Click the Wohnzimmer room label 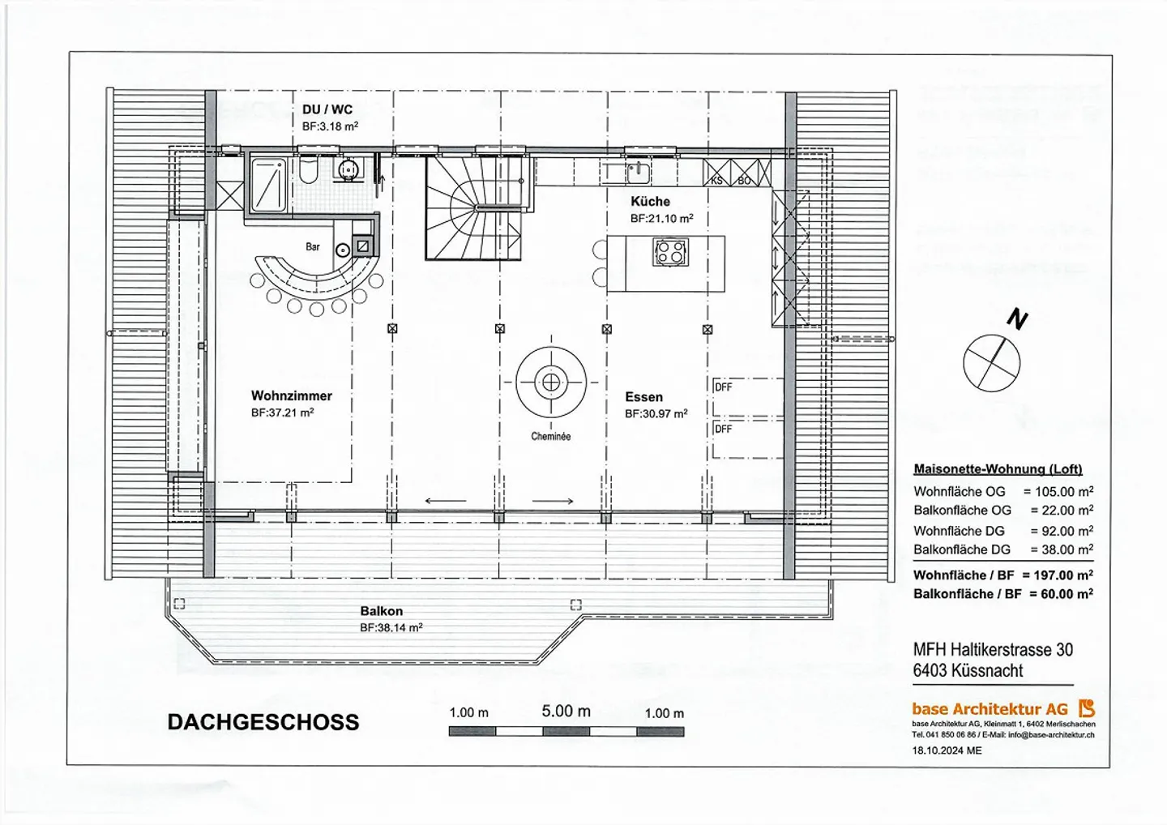291,396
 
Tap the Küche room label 650,202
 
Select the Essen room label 643,397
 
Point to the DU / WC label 327,109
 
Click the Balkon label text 381,611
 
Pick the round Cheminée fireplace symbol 551,382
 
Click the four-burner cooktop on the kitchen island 671,251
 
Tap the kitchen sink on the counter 637,171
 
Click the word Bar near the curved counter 313,246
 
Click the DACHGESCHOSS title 263,723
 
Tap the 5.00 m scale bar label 566,712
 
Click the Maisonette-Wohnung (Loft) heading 998,469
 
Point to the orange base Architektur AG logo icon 1086,708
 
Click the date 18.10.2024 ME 946,750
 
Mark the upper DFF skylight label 723,387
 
